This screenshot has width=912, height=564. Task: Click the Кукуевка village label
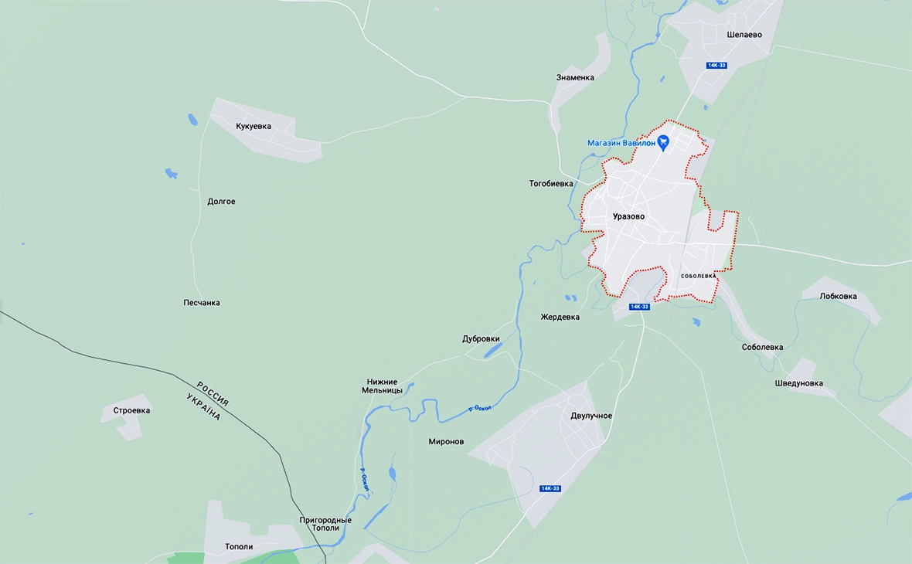pos(254,126)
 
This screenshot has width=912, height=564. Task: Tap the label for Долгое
pos(221,202)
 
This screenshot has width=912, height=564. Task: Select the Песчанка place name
pos(202,303)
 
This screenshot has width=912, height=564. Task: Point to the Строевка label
pos(131,410)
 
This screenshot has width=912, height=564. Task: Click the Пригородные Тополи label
pos(325,525)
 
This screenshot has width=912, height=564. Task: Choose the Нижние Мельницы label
pos(383,386)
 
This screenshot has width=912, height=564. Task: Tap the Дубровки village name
pos(481,338)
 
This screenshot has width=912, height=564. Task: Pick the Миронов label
pos(446,442)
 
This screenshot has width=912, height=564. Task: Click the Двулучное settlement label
pos(591,416)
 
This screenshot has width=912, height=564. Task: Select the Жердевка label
pos(560,317)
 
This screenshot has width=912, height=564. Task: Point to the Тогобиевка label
pos(551,184)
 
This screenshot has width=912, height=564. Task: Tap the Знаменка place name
pos(575,77)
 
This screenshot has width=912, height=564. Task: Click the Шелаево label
pos(744,35)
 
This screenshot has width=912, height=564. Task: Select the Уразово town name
pos(628,216)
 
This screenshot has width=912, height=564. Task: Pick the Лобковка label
pos(839,296)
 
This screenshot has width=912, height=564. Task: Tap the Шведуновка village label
pos(799,383)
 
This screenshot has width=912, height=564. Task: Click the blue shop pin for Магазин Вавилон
pos(663,142)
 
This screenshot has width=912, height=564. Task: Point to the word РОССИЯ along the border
pos(213,393)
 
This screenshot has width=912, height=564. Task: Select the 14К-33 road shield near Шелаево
pos(716,66)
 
